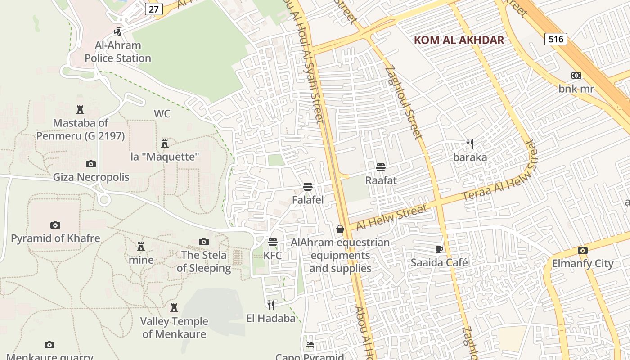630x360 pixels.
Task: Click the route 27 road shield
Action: [x=153, y=9]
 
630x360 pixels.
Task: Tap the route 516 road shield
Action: [x=556, y=39]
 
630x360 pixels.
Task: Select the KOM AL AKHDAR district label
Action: [x=459, y=40]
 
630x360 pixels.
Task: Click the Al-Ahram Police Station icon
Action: [x=118, y=32]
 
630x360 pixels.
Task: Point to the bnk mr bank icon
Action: [x=576, y=76]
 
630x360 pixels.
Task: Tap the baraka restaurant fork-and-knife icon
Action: [x=470, y=144]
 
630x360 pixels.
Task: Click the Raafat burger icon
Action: [x=381, y=167]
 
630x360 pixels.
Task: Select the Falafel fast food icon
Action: [x=308, y=186]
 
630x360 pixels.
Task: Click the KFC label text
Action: [x=272, y=256]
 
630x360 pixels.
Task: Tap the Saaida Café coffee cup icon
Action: [x=439, y=249]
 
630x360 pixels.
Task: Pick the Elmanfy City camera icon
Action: [x=583, y=250]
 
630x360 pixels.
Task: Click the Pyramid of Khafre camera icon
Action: [x=55, y=225]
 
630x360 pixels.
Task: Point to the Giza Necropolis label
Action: [x=91, y=177]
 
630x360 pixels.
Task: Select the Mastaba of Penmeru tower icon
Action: [x=80, y=109]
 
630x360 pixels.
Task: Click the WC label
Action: [x=162, y=114]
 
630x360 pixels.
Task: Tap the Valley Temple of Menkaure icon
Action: [x=174, y=308]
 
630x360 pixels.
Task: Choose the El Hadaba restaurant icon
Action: [x=271, y=305]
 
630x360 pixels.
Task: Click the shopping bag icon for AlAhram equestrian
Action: [x=340, y=229]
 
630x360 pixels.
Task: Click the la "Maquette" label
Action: [x=165, y=157]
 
